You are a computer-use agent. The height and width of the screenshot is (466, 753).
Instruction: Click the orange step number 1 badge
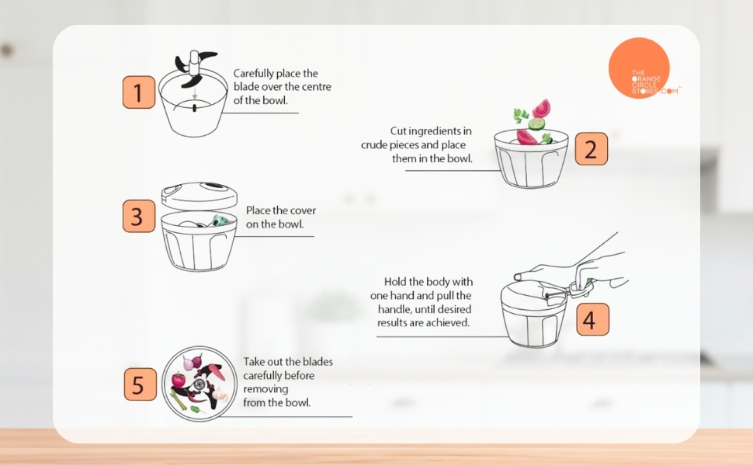click(x=139, y=92)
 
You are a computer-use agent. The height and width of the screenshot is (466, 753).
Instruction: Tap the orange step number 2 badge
click(x=592, y=149)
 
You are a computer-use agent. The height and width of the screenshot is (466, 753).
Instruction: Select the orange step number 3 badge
click(x=139, y=216)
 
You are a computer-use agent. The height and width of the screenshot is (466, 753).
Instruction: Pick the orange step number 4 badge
click(x=592, y=319)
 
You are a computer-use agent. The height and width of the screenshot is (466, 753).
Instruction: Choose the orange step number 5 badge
click(x=141, y=384)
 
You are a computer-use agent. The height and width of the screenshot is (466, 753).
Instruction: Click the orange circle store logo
click(x=639, y=68)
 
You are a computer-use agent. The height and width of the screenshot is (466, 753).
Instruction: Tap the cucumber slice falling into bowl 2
click(x=536, y=123)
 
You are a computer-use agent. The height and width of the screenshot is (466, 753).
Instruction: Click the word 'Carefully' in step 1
click(x=253, y=74)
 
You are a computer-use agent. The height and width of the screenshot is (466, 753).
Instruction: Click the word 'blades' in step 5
click(x=318, y=362)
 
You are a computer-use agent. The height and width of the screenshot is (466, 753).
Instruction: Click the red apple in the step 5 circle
click(x=179, y=380)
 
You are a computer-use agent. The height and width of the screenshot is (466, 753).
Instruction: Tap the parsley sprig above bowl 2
click(x=521, y=115)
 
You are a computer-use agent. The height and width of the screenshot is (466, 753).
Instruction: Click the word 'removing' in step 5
click(x=265, y=389)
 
